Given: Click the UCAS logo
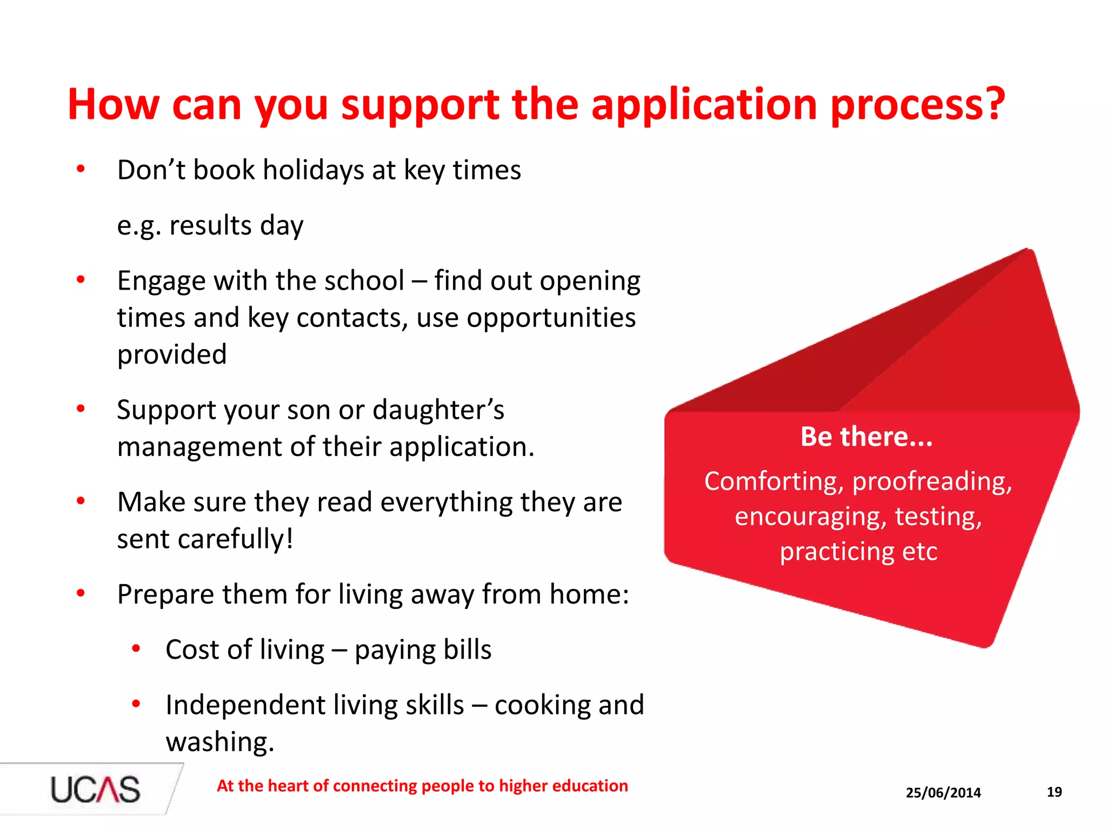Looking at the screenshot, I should coord(95,789).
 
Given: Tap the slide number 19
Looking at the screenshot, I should coord(1054,792).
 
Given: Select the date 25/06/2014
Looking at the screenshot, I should coord(943,793).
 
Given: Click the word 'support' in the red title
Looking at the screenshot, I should coord(420,105).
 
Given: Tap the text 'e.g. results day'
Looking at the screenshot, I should coord(210,226).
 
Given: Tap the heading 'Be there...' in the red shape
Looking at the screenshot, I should coord(866,437).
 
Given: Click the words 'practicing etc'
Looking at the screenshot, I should coord(858,552).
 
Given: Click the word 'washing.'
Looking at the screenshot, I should coord(220,742).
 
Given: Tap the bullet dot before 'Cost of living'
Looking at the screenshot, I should coord(136,648).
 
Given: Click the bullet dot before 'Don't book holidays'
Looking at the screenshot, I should coord(81,169).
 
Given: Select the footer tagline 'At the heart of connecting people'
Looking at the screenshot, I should coord(422,786).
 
